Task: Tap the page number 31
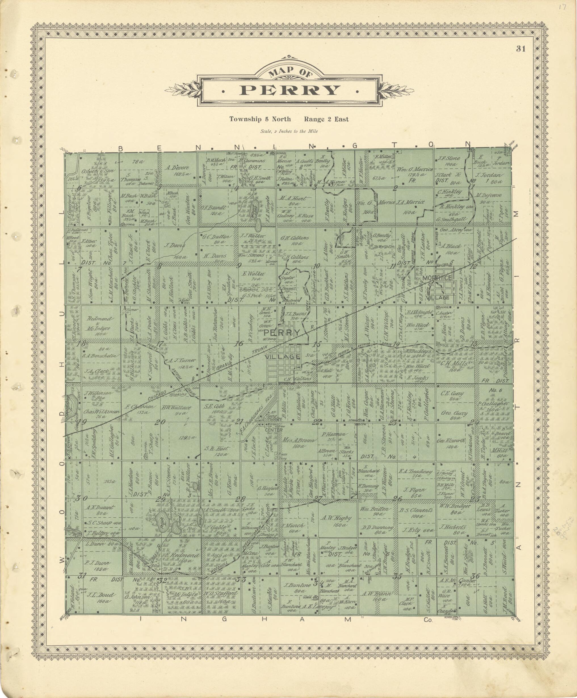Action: pyautogui.click(x=521, y=49)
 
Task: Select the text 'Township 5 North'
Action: pyautogui.click(x=260, y=119)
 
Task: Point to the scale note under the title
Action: pyautogui.click(x=289, y=131)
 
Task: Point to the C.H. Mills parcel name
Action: pyautogui.click(x=454, y=364)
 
